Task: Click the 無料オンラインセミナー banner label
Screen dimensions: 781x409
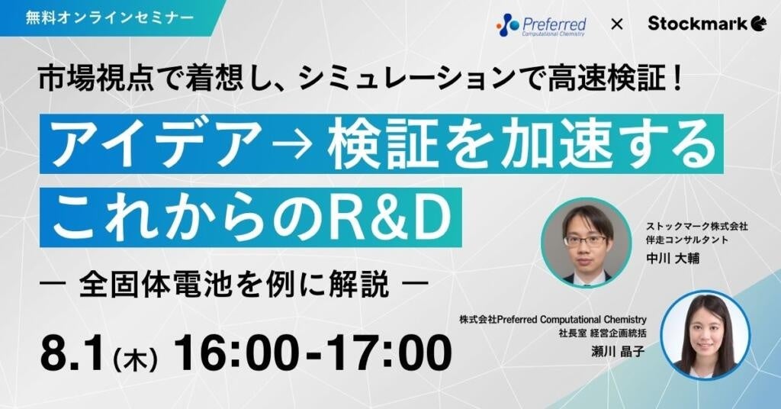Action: coord(110,18)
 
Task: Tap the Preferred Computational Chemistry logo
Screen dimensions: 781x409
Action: coord(542,25)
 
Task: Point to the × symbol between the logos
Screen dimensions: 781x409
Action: coord(616,24)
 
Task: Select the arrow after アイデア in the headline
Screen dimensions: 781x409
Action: coord(294,145)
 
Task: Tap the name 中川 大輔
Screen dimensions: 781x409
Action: coord(673,258)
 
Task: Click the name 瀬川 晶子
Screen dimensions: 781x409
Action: coord(618,352)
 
